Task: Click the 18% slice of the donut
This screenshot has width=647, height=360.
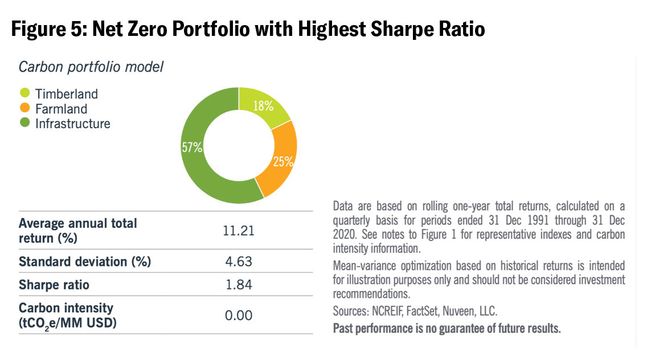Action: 264,107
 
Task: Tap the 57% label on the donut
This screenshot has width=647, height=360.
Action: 192,148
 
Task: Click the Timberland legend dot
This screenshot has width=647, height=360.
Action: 24,94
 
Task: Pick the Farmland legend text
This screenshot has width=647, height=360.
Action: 61,108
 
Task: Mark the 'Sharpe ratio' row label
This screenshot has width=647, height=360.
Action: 54,284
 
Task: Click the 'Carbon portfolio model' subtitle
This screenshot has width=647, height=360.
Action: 91,67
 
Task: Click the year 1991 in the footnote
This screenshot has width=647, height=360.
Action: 520,220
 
